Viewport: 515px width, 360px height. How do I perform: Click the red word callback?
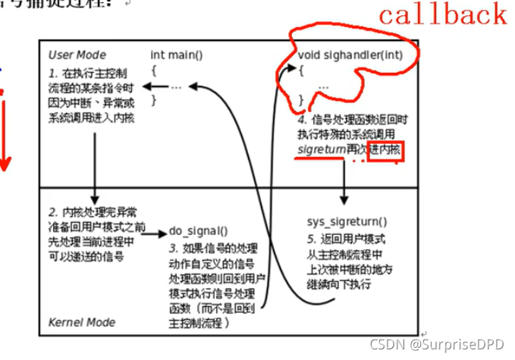pos(443,15)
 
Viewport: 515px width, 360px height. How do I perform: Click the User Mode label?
pos(77,55)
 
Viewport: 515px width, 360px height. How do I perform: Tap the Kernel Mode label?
pos(82,322)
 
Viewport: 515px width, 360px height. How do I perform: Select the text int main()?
pos(177,55)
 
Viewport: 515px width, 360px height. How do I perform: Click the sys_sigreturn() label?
pos(347,222)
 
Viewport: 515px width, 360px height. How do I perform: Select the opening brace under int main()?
pos(154,70)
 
